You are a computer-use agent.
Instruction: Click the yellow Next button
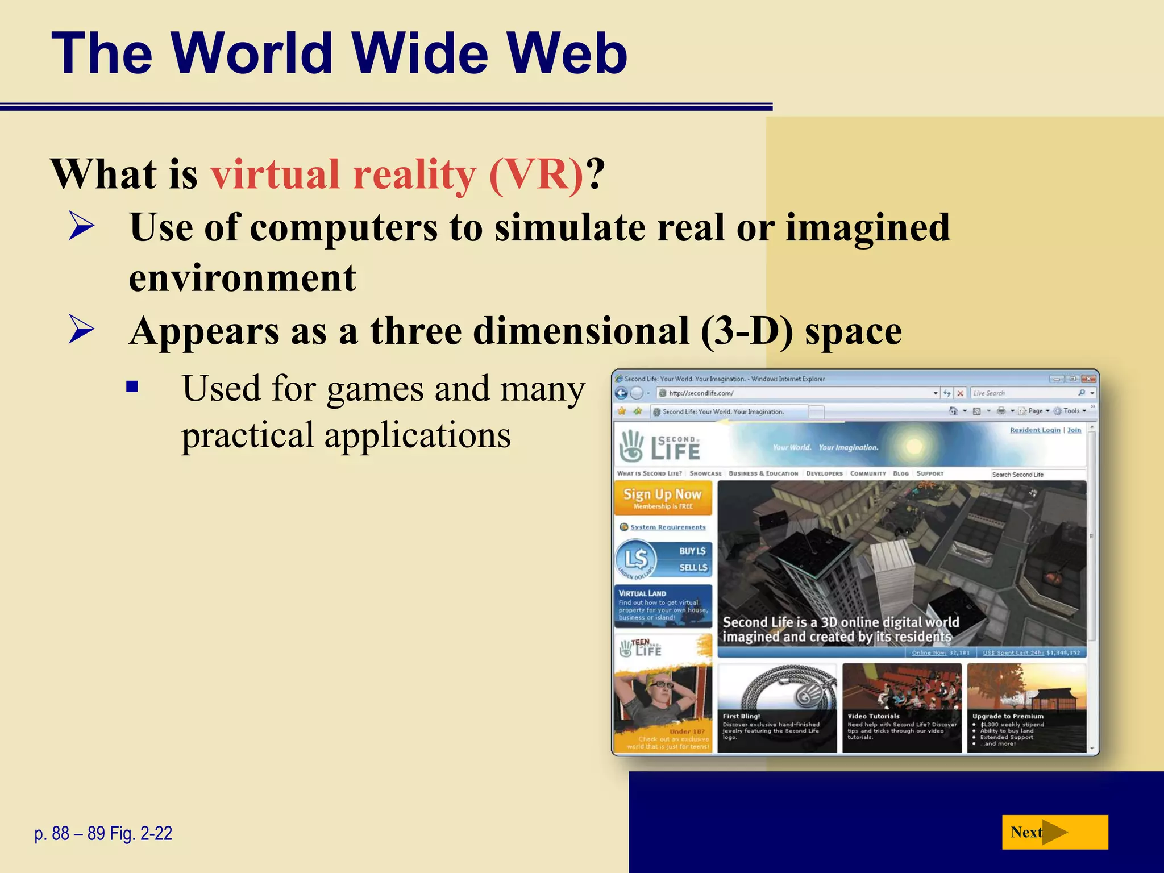click(x=1054, y=832)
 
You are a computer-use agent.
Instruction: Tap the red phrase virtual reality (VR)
click(x=397, y=174)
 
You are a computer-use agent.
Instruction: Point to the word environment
click(x=243, y=278)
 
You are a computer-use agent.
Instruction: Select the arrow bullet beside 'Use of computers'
click(x=81, y=226)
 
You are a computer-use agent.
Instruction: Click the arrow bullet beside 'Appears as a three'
click(x=81, y=329)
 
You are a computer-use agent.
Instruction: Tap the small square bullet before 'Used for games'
click(x=132, y=387)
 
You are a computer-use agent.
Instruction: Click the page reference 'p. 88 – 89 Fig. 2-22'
click(x=103, y=833)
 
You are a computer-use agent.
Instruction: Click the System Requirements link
click(x=667, y=527)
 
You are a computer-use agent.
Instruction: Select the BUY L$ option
click(x=692, y=551)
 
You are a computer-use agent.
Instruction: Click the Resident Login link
click(x=1034, y=430)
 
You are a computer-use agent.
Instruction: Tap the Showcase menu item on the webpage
click(x=705, y=473)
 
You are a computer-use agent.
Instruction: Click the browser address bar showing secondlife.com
click(x=796, y=393)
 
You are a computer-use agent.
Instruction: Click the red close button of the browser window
click(x=1088, y=379)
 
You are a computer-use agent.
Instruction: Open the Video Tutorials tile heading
click(x=874, y=716)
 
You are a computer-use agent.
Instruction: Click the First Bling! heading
click(x=741, y=716)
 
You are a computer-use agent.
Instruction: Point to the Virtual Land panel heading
click(x=642, y=593)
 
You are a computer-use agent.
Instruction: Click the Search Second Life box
click(x=1037, y=474)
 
